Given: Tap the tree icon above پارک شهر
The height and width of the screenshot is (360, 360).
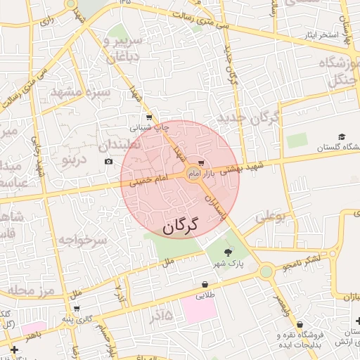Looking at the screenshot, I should coord(227,252).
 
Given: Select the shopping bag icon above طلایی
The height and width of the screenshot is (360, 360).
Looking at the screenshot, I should coord(205,285).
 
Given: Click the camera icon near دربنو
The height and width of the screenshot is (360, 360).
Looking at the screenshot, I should coord(108,162).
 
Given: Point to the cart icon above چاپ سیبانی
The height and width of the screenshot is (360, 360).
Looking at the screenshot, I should coord(148,117).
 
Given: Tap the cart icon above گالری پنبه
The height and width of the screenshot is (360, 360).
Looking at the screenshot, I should coord(77,308).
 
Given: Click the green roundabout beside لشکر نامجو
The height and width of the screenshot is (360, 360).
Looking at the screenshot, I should coord(266,271).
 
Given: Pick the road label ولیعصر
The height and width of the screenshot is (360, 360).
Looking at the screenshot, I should coord(281,304).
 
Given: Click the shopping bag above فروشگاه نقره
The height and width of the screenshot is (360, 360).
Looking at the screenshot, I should coord(301,325).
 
